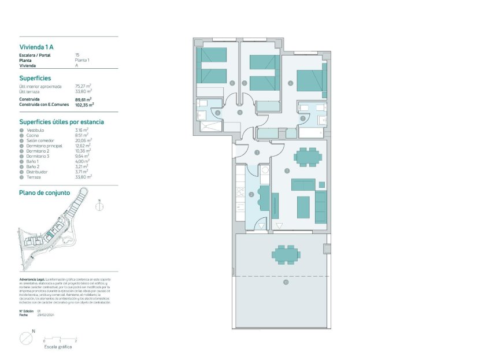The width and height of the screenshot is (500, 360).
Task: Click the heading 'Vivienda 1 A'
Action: (x=36, y=46)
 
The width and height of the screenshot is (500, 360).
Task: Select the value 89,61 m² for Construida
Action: (x=84, y=99)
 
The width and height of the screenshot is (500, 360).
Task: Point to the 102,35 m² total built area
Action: (x=84, y=105)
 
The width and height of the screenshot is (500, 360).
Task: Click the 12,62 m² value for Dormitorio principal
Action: (x=83, y=146)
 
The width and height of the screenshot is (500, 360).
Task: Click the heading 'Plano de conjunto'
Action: (x=45, y=192)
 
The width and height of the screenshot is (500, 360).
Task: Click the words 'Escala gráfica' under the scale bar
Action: (x=58, y=348)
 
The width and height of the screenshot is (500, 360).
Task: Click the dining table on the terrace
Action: (x=286, y=254)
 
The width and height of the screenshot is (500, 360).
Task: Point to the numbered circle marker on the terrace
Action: (x=285, y=283)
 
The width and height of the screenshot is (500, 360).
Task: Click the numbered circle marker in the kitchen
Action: (x=251, y=195)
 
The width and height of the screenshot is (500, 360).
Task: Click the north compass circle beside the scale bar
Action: (x=26, y=338)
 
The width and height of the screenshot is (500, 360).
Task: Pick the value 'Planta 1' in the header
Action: (x=83, y=60)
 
